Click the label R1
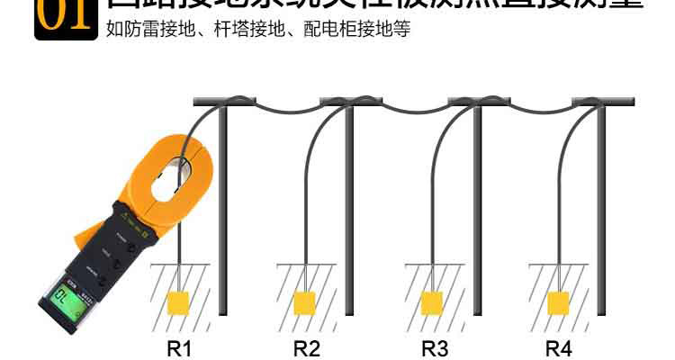click(x=182, y=348)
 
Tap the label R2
click(x=307, y=348)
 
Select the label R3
click(x=435, y=348)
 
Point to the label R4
click(x=559, y=348)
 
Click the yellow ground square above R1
click(x=179, y=301)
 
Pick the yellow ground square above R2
click(x=306, y=301)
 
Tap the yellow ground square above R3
click(x=433, y=301)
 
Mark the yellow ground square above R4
click(x=558, y=301)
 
